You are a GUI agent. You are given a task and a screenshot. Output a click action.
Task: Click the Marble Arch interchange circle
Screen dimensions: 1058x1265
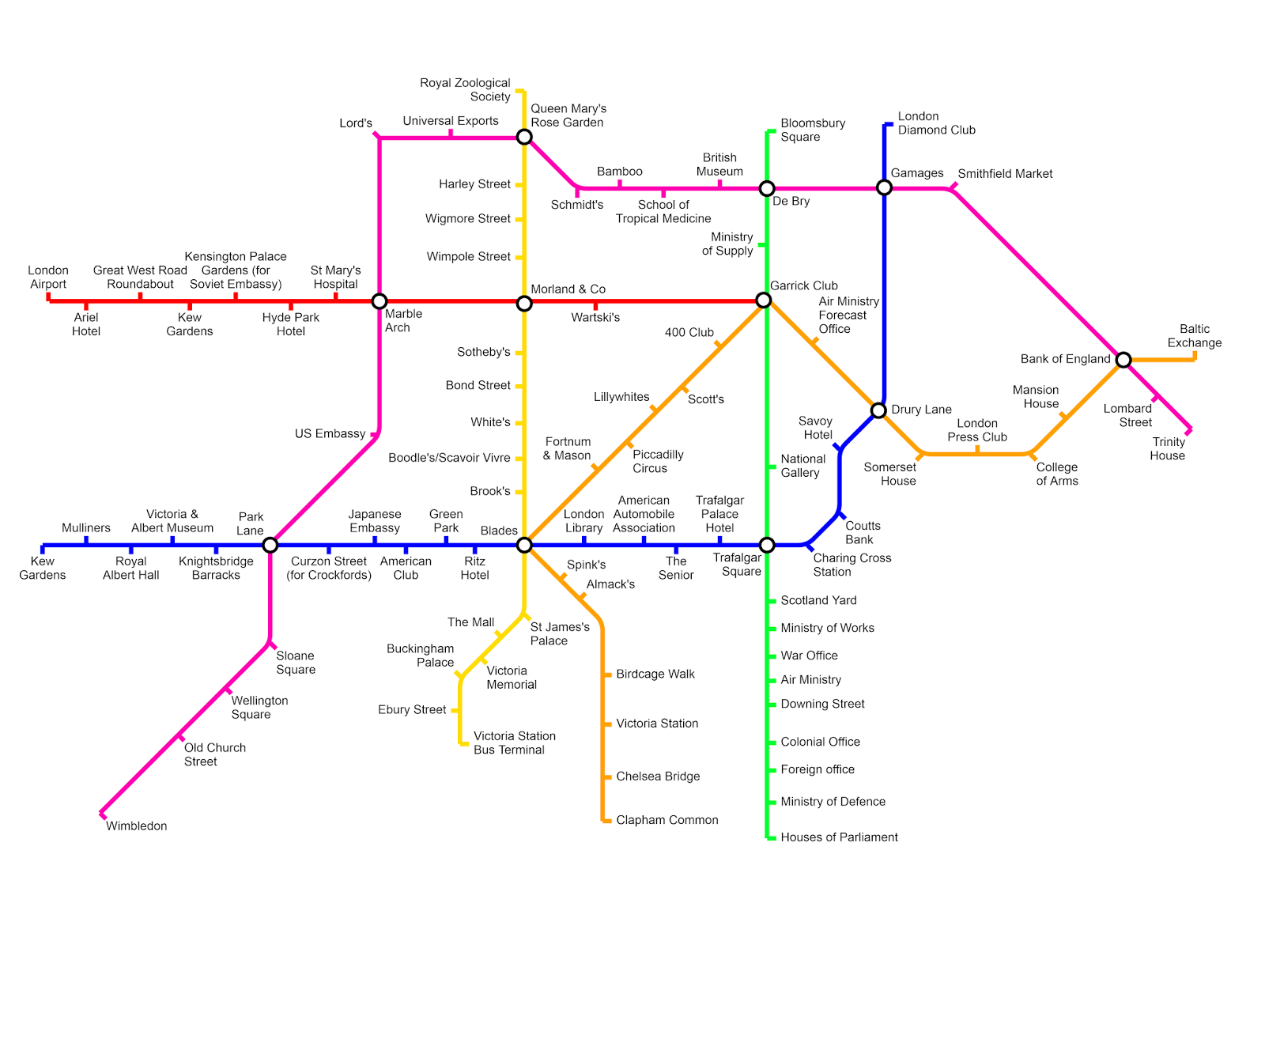379,301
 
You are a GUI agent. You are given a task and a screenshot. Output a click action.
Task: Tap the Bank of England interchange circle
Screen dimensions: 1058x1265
1123,360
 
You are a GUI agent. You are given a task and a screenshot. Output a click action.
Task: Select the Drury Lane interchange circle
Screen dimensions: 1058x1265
878,410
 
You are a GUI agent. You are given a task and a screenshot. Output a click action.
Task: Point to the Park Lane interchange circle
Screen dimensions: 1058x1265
270,545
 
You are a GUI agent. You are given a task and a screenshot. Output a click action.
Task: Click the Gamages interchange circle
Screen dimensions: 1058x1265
884,187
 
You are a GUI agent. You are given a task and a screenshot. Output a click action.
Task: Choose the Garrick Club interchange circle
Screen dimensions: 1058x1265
763,300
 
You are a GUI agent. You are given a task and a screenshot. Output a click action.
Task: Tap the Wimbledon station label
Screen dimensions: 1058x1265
137,826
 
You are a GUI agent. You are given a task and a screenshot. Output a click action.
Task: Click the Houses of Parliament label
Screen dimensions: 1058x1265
839,837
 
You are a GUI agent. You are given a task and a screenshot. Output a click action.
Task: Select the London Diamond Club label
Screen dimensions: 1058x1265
936,123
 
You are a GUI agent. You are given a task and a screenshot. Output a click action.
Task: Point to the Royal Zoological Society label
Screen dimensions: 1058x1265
465,90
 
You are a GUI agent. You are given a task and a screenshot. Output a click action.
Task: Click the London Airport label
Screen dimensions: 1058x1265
48,278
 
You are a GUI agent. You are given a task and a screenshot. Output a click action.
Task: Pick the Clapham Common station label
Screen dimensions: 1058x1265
667,820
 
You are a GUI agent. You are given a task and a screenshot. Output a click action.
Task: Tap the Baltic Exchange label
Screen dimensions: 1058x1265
1195,336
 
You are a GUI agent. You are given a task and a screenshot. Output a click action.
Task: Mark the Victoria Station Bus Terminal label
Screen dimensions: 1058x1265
514,743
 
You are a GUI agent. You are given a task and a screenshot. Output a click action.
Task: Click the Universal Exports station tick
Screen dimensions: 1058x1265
451,134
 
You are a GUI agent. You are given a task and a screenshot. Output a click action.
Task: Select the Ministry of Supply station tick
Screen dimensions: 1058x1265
761,245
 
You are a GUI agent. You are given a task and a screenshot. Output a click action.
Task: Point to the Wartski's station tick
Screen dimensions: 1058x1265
595,306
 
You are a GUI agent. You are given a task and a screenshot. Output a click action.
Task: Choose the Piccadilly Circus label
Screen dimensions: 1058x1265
657,462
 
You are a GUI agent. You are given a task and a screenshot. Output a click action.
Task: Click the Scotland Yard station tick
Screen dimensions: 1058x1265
772,601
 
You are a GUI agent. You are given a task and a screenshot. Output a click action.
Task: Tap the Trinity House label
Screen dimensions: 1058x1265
1168,449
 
